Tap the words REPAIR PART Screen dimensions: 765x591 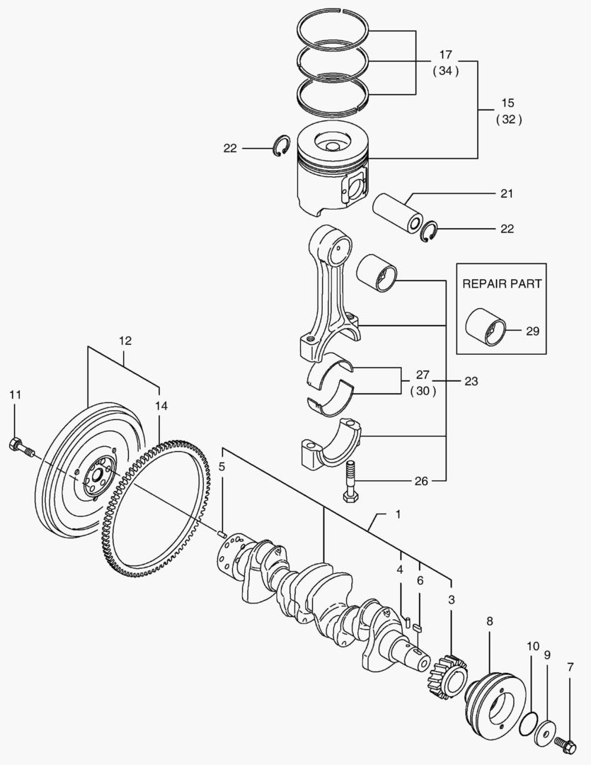(x=502, y=283)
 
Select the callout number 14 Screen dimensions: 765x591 (x=161, y=406)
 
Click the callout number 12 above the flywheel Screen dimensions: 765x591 (x=125, y=341)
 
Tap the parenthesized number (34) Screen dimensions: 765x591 (x=445, y=71)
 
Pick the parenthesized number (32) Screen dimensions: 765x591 (x=508, y=120)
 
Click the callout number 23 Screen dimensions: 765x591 (x=471, y=381)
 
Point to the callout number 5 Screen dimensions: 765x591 (x=222, y=467)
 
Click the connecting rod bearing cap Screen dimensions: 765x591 (x=329, y=445)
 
